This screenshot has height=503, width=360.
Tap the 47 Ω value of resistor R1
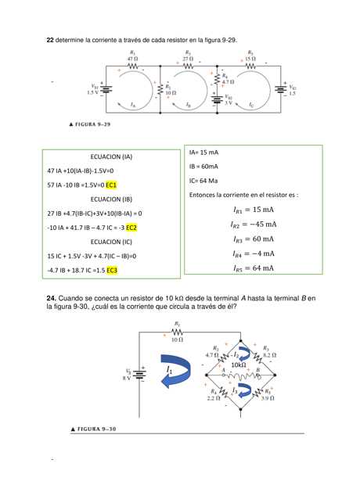(132, 58)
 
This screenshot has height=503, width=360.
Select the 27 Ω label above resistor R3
(188, 58)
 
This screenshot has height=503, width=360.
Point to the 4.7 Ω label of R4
(227, 81)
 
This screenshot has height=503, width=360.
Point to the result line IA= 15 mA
(204, 151)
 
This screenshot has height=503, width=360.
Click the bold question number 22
(51, 39)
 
